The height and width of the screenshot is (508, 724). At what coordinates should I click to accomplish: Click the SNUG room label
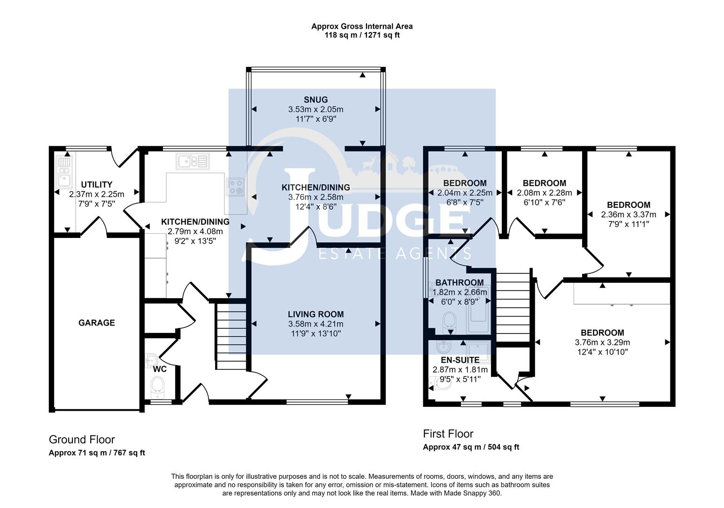coord(315,100)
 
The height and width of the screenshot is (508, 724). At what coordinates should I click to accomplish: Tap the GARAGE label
coord(96,323)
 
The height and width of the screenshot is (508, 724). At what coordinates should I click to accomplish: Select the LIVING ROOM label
coord(316,314)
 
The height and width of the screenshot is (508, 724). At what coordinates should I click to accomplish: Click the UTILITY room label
coord(96,184)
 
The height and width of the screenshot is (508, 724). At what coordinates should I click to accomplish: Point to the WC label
coord(160,369)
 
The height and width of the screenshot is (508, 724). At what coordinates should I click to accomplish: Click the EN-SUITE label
coord(460,360)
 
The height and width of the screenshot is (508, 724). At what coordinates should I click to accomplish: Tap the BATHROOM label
coord(459,283)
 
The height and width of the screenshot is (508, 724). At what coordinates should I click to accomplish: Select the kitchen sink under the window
coord(193,161)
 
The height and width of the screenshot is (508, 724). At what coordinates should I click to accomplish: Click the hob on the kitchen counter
coord(235,187)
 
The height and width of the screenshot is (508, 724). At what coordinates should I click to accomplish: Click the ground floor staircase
coord(231,336)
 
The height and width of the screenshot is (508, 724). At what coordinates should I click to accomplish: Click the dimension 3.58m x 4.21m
coord(316,324)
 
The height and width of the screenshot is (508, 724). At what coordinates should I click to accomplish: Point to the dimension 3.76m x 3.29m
coord(602,342)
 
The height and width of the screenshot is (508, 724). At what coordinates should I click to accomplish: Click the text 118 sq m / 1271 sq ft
coord(362,35)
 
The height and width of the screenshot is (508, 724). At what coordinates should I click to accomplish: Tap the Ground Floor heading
coord(82,440)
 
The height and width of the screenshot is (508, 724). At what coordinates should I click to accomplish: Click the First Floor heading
coord(448,434)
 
